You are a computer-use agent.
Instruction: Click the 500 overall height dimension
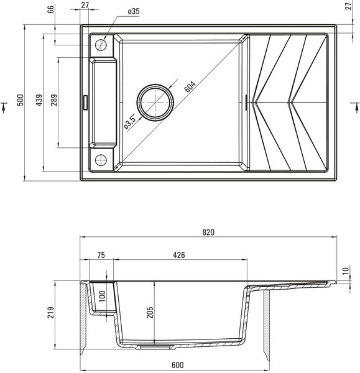coord(21,100)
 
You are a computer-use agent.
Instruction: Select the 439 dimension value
coord(39,100)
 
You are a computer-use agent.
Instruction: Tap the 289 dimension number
coord(54,100)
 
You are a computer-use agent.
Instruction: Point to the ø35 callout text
coord(134,11)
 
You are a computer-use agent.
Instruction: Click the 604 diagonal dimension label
coord(190,86)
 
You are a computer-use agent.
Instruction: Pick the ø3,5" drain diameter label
coord(130,122)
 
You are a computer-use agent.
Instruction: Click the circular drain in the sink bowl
coord(155,103)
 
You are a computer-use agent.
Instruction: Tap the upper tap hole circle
coord(101,45)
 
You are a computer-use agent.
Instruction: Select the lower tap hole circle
coord(101,160)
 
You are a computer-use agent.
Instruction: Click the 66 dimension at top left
coord(52,9)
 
